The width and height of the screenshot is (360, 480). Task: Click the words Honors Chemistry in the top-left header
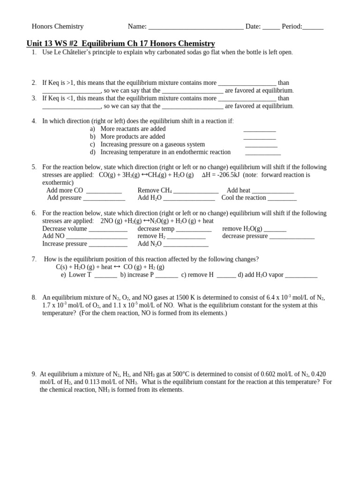[57, 27]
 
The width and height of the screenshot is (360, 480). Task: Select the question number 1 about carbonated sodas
[34, 52]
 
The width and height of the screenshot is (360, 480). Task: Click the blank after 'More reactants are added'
[259, 130]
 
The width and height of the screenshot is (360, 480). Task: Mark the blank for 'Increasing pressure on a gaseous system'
[261, 145]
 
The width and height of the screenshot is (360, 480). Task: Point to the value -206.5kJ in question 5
[229, 175]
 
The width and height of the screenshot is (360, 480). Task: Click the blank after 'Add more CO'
[104, 191]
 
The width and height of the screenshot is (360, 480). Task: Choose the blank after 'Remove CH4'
[196, 191]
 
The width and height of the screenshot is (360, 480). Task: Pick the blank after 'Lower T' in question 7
[105, 276]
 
